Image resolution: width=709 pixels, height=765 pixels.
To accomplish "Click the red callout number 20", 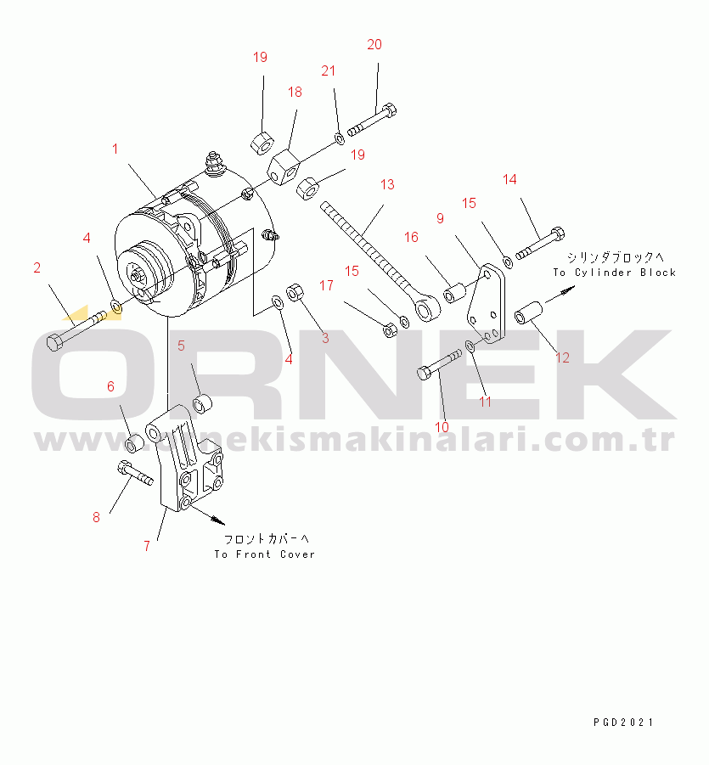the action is pos(374,44).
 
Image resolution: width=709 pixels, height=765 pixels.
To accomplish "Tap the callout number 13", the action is pos(387,184).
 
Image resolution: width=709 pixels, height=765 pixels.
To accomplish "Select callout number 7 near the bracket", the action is pos(146,546).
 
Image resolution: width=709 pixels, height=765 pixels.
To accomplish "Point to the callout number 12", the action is pos(562,357).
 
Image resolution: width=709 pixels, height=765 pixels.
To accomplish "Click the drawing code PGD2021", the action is pos(622,722).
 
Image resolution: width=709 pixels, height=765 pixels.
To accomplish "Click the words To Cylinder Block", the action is pos(615,273).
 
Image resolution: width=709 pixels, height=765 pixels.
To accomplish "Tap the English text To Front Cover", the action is pos(264,554).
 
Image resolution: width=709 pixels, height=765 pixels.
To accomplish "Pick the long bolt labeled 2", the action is pos(76,330).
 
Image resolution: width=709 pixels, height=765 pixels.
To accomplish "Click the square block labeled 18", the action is pos(284,168).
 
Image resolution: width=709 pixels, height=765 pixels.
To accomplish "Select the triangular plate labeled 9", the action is pos(486,303).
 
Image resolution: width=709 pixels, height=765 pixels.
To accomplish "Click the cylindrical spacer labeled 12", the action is pos(529,312).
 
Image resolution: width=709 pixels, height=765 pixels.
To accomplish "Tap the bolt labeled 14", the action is pos(540,244).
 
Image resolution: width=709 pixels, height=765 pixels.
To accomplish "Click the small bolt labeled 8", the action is pos(135,473).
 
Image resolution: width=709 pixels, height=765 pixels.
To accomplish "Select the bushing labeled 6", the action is pos(133,444).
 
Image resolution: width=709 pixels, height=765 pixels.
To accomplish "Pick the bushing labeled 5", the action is pos(202,403).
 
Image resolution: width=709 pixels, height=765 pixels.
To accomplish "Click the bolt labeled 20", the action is pos(372,120).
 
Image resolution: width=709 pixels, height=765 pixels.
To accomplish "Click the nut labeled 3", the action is pos(295,292).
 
